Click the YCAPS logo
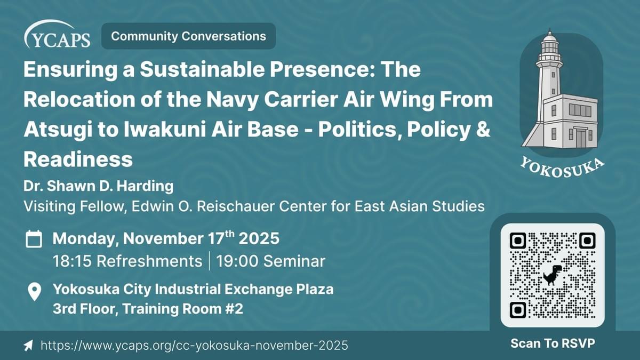point(57,34)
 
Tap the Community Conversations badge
point(189,36)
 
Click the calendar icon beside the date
point(34,239)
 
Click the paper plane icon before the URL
point(28,346)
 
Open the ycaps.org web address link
point(194,345)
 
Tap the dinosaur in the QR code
point(553,275)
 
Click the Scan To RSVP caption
point(553,343)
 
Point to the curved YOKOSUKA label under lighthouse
point(562,169)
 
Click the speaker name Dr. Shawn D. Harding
point(99,186)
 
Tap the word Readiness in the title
point(78,159)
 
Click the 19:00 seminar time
point(270,261)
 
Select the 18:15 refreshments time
point(127,261)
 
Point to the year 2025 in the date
point(259,238)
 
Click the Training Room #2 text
point(183,309)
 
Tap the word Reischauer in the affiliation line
point(235,206)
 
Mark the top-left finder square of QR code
point(518,241)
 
